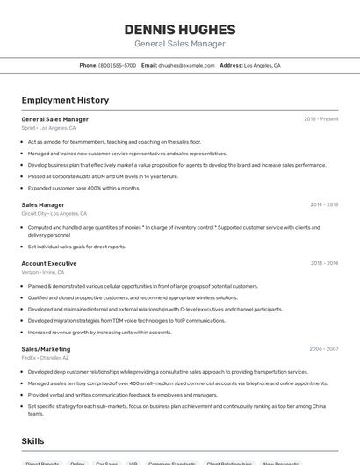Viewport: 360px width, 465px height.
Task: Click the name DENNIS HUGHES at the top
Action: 180,29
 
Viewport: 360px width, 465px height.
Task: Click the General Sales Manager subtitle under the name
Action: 180,44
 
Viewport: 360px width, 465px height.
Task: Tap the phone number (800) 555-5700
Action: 117,66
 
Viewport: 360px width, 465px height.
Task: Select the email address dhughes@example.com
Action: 186,66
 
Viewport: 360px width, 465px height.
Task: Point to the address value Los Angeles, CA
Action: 262,66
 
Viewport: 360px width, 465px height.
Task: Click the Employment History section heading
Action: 65,101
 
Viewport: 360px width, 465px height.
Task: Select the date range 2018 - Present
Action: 321,119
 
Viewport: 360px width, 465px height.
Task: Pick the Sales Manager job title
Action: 43,205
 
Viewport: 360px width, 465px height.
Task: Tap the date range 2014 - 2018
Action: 324,205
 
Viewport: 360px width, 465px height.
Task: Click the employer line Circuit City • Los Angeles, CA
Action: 54,213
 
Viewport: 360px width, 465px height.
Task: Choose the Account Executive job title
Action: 49,263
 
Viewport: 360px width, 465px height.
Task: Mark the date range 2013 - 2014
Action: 324,263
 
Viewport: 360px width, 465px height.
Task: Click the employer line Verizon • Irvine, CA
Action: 43,272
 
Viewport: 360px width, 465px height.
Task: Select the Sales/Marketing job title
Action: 47,349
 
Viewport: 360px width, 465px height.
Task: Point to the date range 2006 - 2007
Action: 323,349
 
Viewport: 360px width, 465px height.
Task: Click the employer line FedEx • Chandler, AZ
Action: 47,358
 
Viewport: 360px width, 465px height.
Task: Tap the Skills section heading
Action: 32,441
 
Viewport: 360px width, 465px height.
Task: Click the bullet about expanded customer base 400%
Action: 83,188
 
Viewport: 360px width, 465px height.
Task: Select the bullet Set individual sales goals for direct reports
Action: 76,247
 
